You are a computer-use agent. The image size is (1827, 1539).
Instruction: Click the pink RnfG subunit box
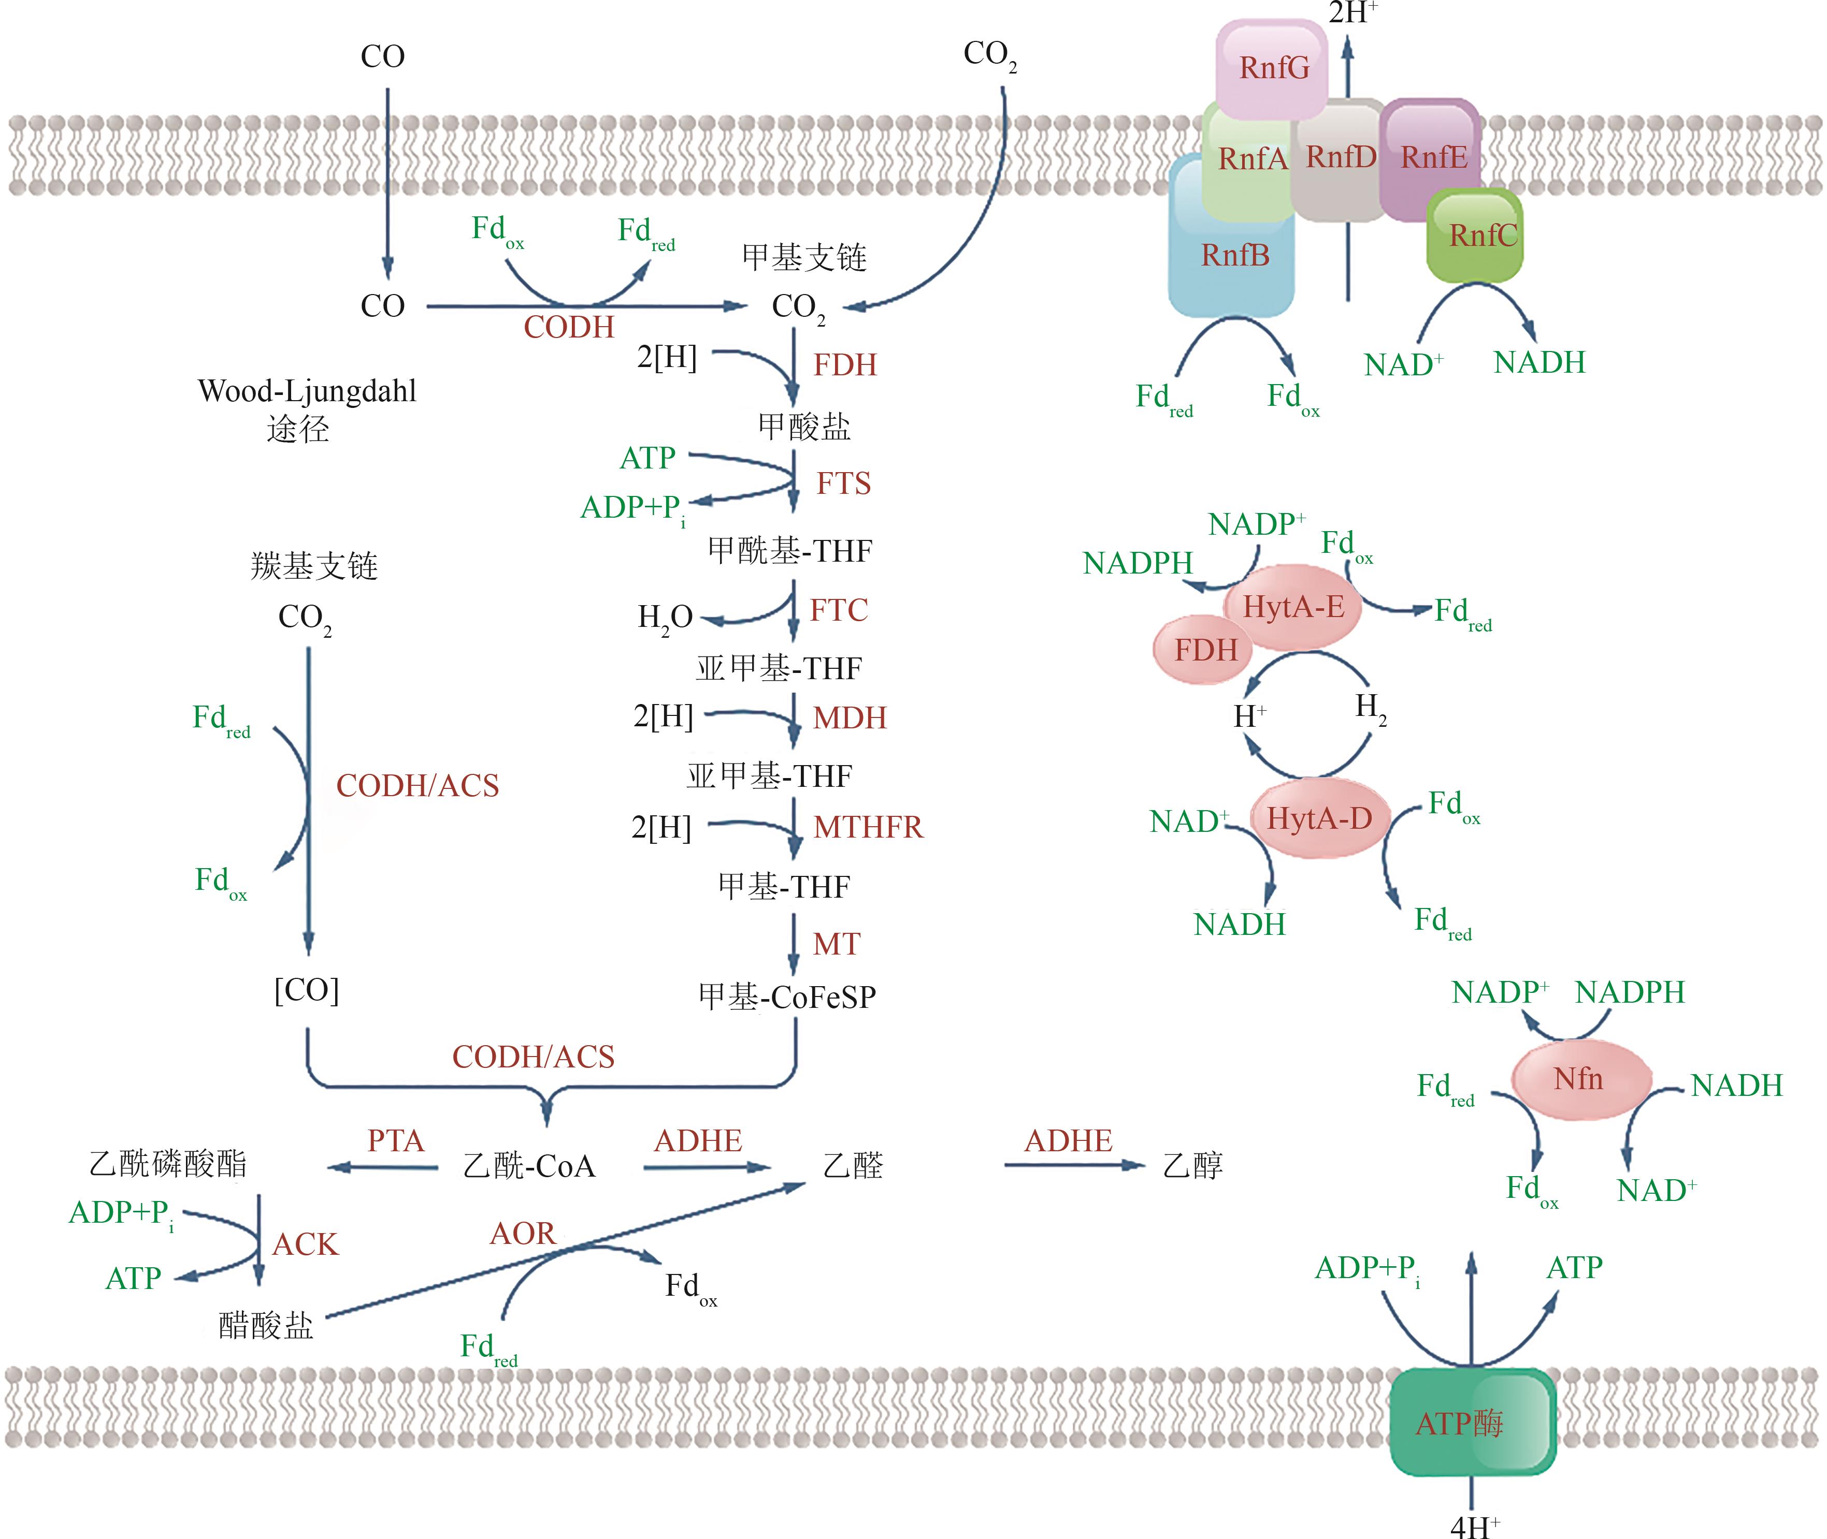[1273, 68]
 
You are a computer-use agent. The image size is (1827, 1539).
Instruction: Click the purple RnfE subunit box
[1432, 157]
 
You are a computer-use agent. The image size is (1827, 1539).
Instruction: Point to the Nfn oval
[1580, 1079]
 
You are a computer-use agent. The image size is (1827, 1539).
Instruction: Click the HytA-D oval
[1319, 818]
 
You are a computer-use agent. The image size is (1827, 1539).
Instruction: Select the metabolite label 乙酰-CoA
[529, 1166]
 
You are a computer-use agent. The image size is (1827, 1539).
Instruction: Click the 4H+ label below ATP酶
[1474, 1525]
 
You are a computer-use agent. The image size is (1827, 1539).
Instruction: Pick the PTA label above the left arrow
[395, 1141]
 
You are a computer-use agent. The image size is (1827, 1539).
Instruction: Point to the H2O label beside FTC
[665, 618]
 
